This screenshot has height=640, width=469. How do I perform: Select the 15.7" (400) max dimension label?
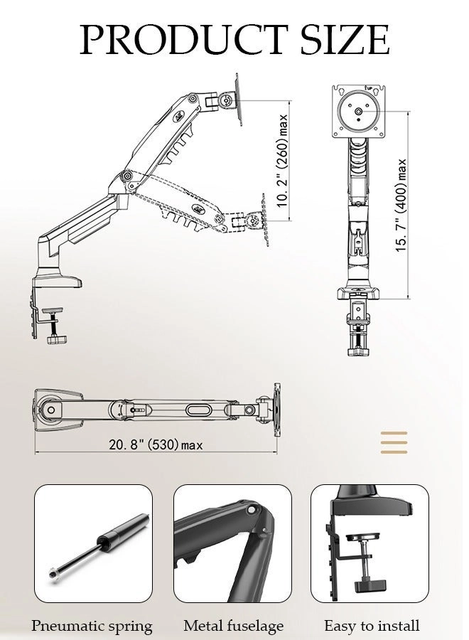click(x=401, y=205)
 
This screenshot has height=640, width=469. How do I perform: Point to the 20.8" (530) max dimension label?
click(x=156, y=445)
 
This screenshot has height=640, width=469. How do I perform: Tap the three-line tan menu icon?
click(x=394, y=442)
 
